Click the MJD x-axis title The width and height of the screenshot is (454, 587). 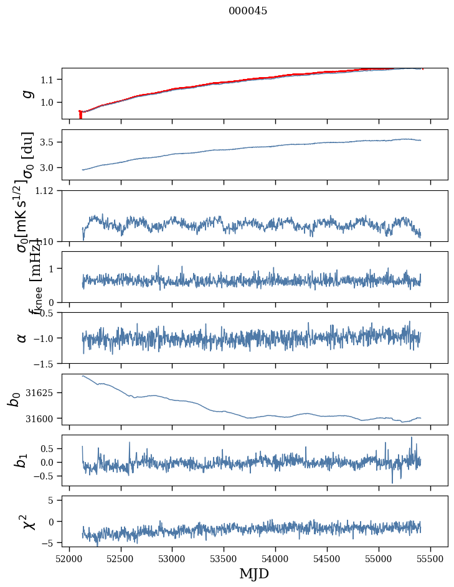tap(254, 573)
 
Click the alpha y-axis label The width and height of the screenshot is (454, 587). tap(22, 338)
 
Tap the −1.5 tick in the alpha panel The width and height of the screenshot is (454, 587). tap(46, 363)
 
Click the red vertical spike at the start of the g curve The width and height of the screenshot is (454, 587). tap(80, 115)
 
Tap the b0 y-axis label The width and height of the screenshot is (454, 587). tap(14, 399)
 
